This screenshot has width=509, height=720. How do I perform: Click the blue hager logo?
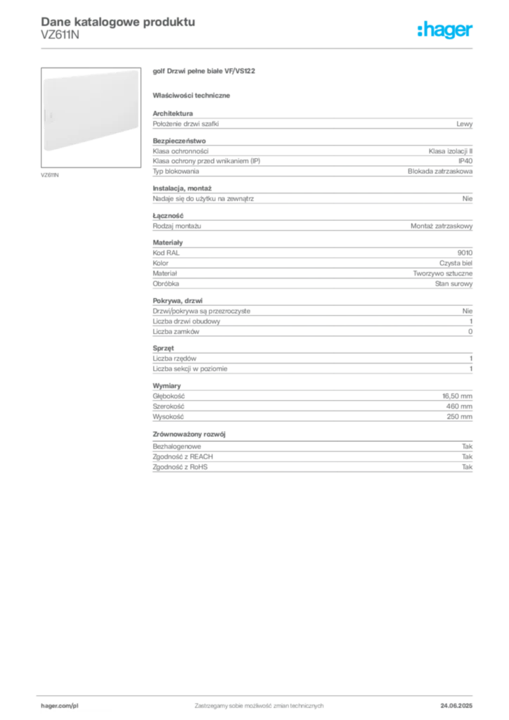(x=446, y=31)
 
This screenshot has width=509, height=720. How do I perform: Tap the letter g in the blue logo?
(x=449, y=32)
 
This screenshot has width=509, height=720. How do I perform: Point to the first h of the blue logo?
(x=422, y=30)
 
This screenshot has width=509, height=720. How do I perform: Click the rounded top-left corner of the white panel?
(x=45, y=77)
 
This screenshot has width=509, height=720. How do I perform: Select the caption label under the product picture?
(x=51, y=174)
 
